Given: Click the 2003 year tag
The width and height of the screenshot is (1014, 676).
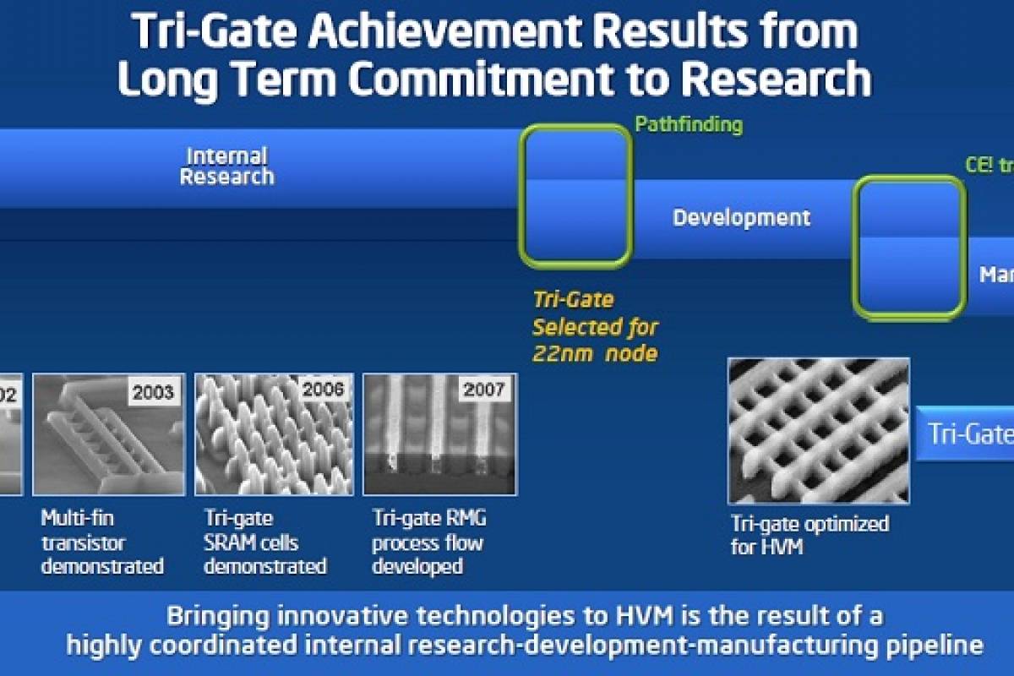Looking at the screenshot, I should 153,392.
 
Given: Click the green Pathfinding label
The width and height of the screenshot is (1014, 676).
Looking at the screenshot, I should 688,125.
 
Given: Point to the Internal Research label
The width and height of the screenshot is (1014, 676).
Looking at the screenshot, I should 227,166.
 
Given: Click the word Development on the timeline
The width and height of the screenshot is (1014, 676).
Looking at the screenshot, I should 741,217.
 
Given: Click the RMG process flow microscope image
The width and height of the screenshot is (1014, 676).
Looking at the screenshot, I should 439,434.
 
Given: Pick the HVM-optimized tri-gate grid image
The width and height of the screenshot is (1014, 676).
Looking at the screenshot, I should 818,430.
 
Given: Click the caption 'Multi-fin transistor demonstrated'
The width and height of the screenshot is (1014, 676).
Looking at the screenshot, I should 102,542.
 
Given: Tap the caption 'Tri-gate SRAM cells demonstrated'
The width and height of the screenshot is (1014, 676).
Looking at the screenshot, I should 264,542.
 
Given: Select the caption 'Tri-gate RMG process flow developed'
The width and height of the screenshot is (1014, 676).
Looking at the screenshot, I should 429,542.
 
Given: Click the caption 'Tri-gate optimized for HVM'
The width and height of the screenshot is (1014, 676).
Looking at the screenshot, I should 809,535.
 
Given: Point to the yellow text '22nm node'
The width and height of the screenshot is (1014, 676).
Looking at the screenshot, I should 595,353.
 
